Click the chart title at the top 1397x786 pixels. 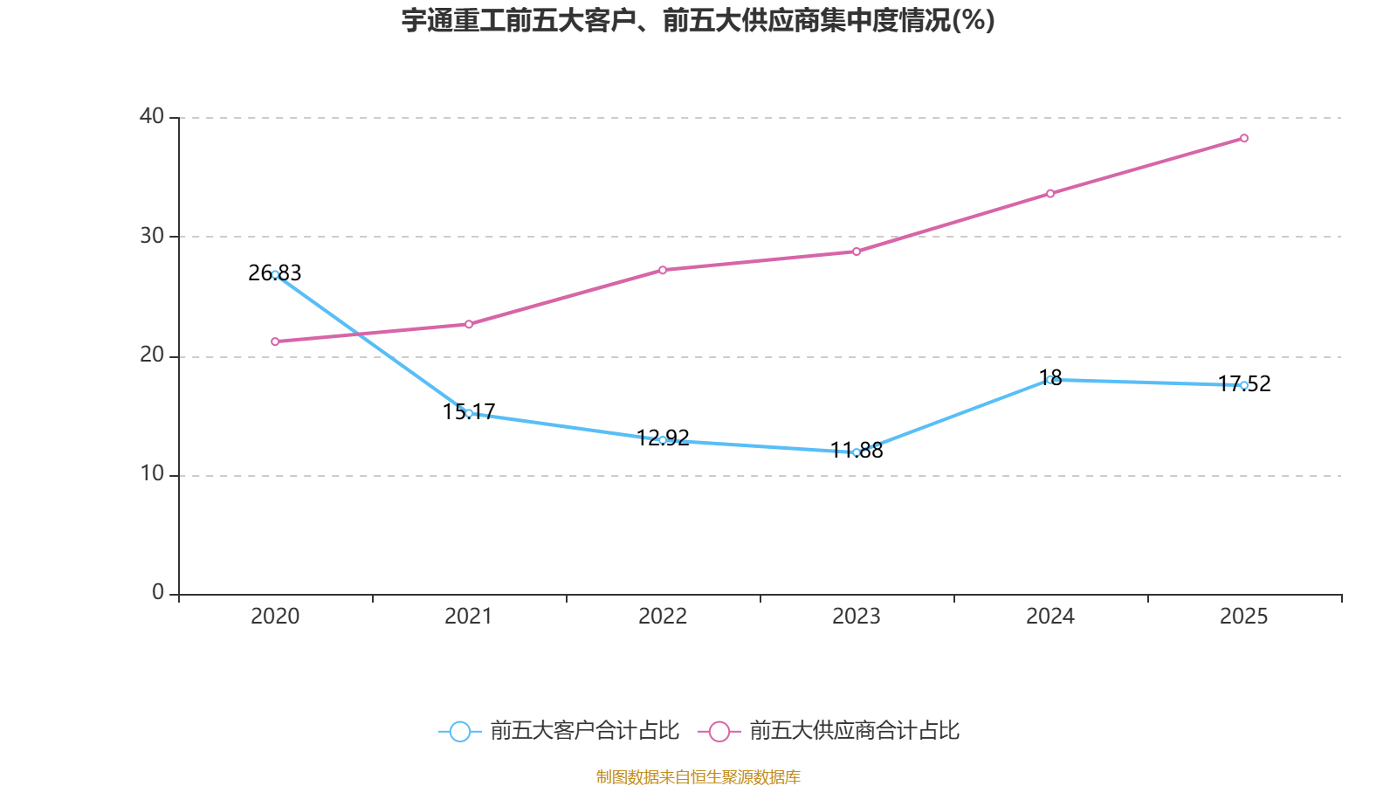698,20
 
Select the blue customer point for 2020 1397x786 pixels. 275,274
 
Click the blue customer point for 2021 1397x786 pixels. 469,413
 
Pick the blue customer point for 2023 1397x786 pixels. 857,452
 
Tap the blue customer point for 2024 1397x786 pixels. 1050,380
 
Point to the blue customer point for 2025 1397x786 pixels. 1244,385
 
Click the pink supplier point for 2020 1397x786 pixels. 275,341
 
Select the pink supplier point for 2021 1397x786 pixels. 469,324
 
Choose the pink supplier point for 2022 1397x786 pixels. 663,270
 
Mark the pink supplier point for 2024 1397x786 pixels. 1050,193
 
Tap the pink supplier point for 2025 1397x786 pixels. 1244,138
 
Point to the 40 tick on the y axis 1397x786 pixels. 152,116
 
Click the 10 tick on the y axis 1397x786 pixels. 152,474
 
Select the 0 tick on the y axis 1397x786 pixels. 158,593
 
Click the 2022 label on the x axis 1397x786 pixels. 663,617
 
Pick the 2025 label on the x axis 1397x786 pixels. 1243,617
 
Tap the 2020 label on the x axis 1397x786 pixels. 275,617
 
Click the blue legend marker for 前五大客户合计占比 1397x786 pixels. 459,731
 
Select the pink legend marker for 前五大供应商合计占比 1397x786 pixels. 719,731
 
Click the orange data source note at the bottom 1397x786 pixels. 698,776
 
